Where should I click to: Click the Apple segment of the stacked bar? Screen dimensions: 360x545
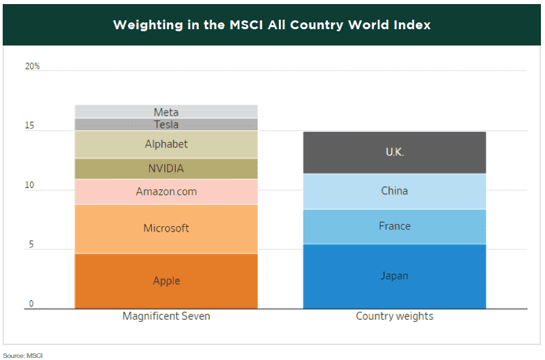tap(166, 281)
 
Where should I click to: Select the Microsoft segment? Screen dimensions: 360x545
tap(166, 228)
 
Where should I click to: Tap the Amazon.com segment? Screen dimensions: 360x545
tap(166, 192)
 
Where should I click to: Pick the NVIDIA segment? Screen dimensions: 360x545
tap(166, 168)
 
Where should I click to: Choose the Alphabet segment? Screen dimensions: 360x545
tap(166, 144)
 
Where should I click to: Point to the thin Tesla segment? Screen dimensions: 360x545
tap(166, 124)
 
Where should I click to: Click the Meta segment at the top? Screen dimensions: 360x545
tap(166, 112)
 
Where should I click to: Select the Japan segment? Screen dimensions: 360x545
tap(394, 276)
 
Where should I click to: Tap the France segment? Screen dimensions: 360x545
tap(394, 226)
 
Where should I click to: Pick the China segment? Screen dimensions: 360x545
tap(394, 191)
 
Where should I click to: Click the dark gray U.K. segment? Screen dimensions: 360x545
tap(394, 152)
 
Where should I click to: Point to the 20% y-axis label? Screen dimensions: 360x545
tap(33, 67)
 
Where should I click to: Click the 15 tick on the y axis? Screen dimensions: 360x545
tap(31, 126)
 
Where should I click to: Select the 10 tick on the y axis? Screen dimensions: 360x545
tap(31, 186)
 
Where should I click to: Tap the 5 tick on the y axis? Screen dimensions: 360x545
tap(31, 245)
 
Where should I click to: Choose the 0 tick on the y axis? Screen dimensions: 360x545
tap(31, 304)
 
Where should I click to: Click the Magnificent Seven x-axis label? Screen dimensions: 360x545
tap(166, 317)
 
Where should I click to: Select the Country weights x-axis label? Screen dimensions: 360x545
tap(394, 317)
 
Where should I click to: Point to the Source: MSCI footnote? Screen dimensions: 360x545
tap(21, 355)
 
